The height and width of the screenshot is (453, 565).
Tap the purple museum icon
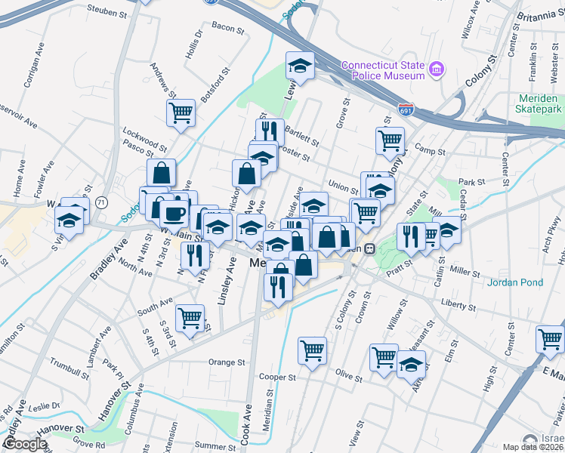[x=437, y=70]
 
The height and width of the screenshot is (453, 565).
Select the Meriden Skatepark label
[x=529, y=104]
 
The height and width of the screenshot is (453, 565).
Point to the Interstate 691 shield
[x=406, y=111]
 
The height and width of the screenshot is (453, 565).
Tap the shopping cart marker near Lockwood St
[x=181, y=113]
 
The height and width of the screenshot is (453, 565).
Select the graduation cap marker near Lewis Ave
[x=300, y=66]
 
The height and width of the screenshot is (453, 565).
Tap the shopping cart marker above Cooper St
[x=312, y=350]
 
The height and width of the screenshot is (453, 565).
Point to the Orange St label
[x=227, y=362]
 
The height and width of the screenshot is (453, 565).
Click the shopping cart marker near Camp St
[x=390, y=140]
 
